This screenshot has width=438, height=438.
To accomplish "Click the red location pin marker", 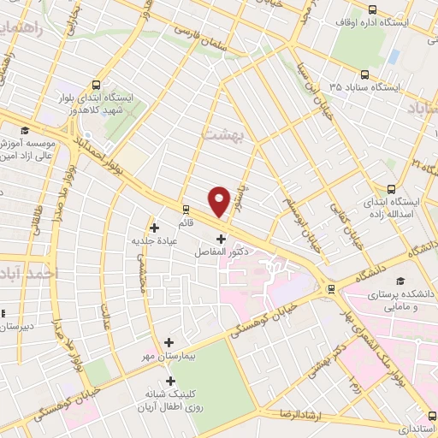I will coord(220,201).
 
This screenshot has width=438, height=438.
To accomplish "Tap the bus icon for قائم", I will coord(186,208).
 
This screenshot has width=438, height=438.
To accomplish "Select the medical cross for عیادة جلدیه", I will coord(154,228).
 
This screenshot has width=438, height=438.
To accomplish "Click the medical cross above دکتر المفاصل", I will coord(222,239).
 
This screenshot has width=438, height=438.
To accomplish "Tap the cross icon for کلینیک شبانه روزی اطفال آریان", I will coord(170,382).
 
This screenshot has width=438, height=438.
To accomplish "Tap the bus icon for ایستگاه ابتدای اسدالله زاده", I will coord(391,190).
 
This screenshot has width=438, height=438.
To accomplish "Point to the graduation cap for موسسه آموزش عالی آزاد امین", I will coord(26,130).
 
